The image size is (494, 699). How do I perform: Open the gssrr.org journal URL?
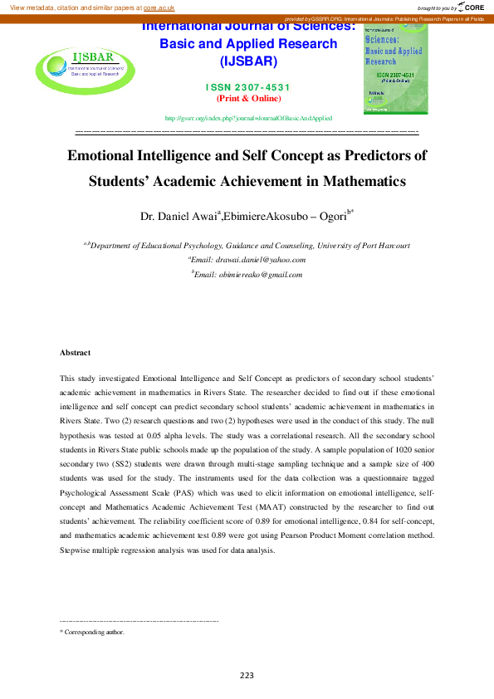click(248, 119)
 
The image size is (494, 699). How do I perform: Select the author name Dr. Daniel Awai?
click(178, 217)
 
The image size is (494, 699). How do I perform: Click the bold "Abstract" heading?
click(75, 353)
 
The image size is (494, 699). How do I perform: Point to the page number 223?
click(247, 675)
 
